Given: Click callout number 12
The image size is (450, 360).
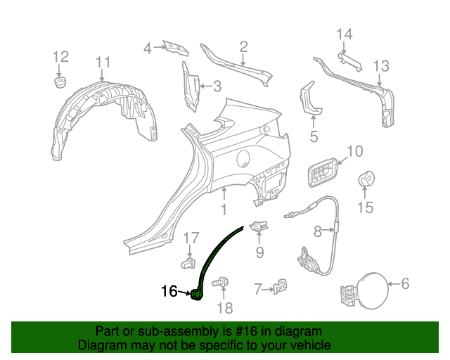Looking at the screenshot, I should point(60,56).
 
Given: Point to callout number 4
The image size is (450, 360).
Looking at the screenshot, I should point(148,48).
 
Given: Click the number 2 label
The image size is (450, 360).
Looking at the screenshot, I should point(243,47).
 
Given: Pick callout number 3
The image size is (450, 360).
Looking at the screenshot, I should point(217,86).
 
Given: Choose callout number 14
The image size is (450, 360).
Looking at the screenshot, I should point(344,34).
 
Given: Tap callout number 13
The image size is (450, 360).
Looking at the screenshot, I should point(380,66).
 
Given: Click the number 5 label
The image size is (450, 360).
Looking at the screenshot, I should point(314,136).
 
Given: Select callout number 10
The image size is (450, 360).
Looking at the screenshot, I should point(354,150).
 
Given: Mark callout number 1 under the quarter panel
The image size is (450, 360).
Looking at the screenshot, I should point(224,210).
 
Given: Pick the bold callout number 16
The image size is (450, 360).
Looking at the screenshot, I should point(169,291).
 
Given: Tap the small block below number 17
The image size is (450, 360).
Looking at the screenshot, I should point(188,264).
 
